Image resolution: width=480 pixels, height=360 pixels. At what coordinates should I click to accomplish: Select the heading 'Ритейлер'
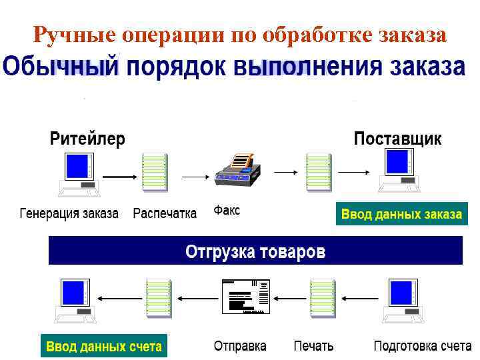[87, 139]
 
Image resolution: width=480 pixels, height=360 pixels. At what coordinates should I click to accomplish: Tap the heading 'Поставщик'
[397, 139]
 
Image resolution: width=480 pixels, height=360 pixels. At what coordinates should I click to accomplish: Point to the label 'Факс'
[227, 211]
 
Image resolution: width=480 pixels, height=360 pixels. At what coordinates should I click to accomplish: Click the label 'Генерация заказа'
[69, 214]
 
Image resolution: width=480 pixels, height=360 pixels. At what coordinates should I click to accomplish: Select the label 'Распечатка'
[165, 214]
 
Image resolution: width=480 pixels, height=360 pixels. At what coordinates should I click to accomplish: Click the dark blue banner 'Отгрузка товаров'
[255, 251]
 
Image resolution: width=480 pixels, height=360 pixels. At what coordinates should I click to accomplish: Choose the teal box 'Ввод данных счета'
[103, 347]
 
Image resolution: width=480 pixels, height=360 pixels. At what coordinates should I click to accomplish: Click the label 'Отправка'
[240, 347]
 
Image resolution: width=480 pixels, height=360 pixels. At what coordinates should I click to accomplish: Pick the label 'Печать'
[313, 347]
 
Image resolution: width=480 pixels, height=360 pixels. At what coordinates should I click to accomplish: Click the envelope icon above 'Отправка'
[245, 295]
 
